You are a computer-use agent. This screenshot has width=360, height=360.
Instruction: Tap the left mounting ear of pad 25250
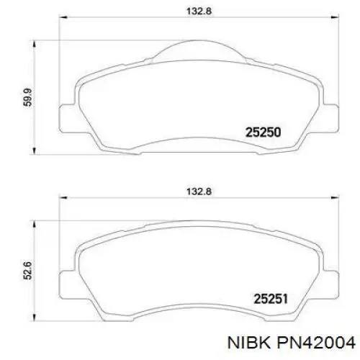(64, 114)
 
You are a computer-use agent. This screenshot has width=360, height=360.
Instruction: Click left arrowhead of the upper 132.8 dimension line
(60, 21)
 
